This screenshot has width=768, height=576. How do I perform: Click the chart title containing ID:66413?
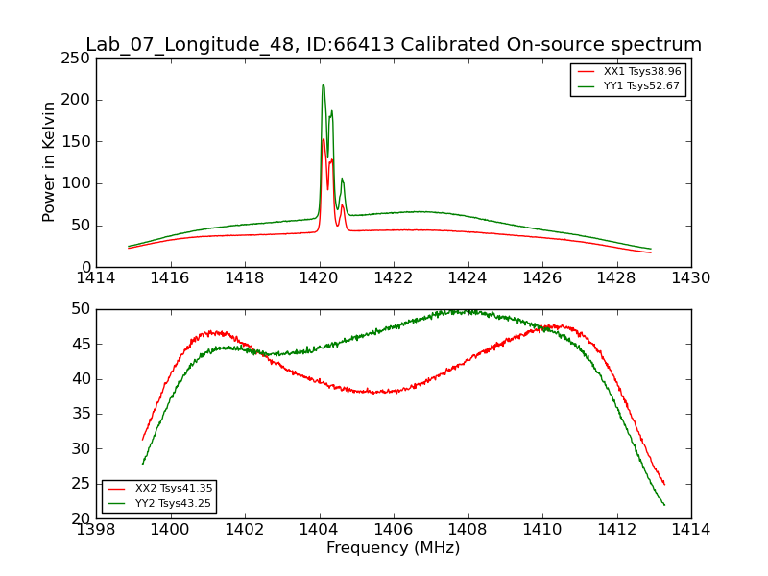[x=394, y=45]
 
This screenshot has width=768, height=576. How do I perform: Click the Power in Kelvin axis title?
[x=50, y=162]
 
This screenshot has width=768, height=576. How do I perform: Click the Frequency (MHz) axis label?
[x=394, y=548]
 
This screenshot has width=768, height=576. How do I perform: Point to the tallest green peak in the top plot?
[x=323, y=84]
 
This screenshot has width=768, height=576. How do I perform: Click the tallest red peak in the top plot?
[x=323, y=138]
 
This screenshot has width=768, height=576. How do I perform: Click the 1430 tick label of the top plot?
[x=691, y=277]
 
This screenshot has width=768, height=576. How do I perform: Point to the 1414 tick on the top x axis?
[x=96, y=277]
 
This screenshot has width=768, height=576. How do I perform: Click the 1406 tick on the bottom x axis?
[x=394, y=529]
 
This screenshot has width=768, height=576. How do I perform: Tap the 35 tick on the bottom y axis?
[x=81, y=414]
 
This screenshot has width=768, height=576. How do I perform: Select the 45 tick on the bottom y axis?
[x=81, y=344]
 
